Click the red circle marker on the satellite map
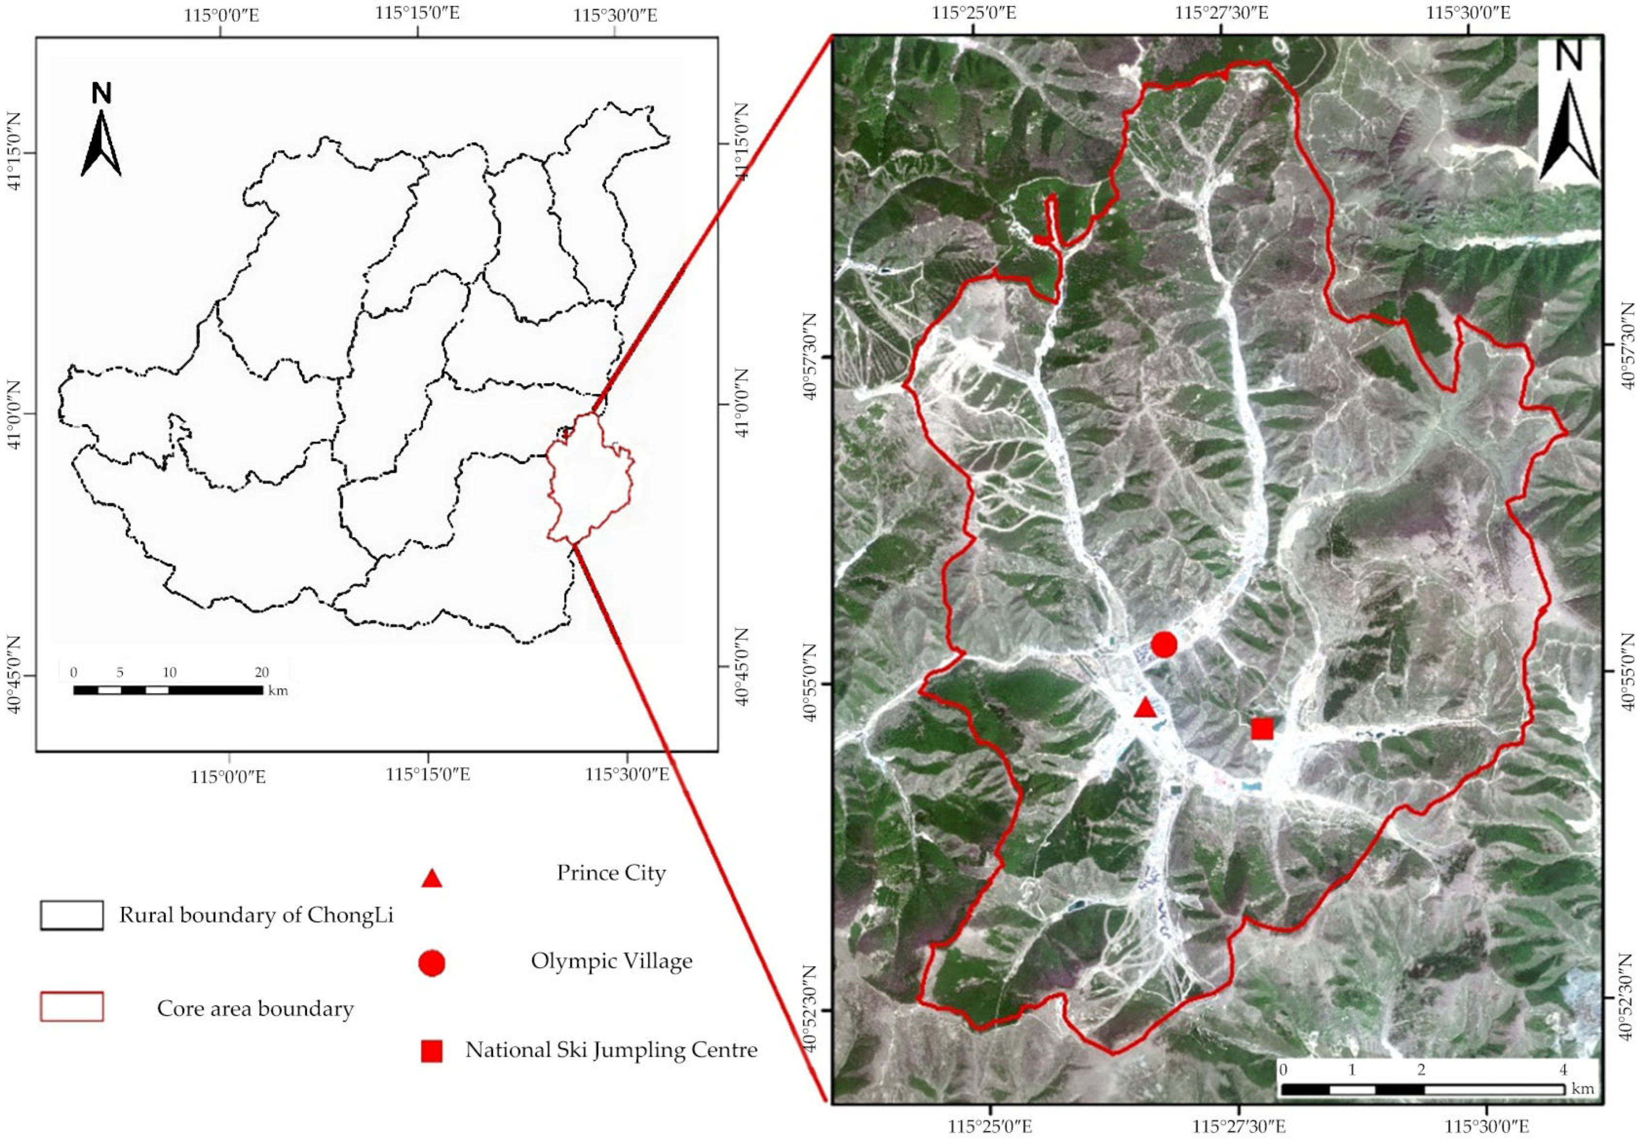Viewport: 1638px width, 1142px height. click(x=1163, y=644)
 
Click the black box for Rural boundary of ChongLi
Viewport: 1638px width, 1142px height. click(x=71, y=916)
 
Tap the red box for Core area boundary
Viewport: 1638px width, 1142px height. click(x=71, y=1007)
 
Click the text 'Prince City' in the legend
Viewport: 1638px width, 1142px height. click(x=611, y=873)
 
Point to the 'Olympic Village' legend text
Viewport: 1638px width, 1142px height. click(x=611, y=961)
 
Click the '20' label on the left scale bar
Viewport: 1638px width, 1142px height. click(x=262, y=673)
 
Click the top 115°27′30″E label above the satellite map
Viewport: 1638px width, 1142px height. click(x=1221, y=14)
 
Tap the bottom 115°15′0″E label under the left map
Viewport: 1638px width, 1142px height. click(x=428, y=774)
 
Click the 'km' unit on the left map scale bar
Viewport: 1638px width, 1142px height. click(x=278, y=690)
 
